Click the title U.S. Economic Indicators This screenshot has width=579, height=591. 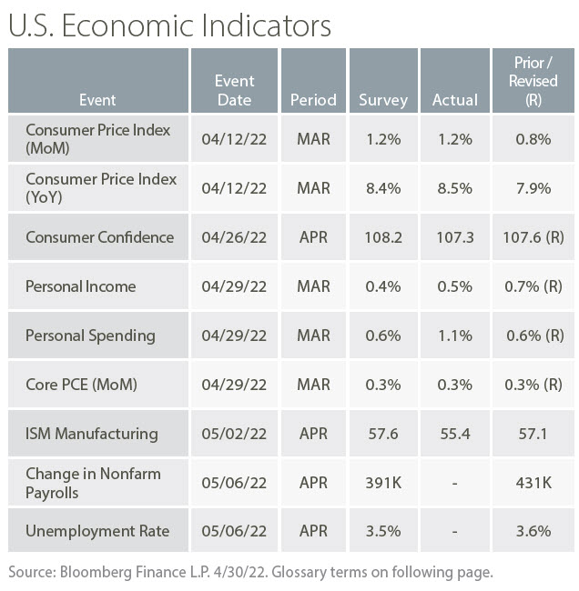(x=169, y=25)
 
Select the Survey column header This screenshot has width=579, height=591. (x=383, y=100)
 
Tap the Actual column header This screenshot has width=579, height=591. (x=453, y=100)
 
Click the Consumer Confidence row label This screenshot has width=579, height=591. (x=99, y=237)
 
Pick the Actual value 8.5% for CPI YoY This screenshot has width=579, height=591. (x=453, y=188)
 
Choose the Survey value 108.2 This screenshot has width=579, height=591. (x=383, y=237)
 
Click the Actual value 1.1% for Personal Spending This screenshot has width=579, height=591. (x=453, y=336)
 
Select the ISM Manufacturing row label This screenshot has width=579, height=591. (x=91, y=434)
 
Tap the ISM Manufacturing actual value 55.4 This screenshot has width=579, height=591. (x=453, y=434)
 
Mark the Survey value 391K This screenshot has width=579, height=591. (x=383, y=483)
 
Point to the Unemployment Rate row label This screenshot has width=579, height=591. (x=97, y=532)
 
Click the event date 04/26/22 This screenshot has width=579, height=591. (x=234, y=237)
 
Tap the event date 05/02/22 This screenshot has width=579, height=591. (x=234, y=434)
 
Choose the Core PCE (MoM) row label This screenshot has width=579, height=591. (x=81, y=385)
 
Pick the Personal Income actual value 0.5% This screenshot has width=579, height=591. (x=453, y=286)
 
